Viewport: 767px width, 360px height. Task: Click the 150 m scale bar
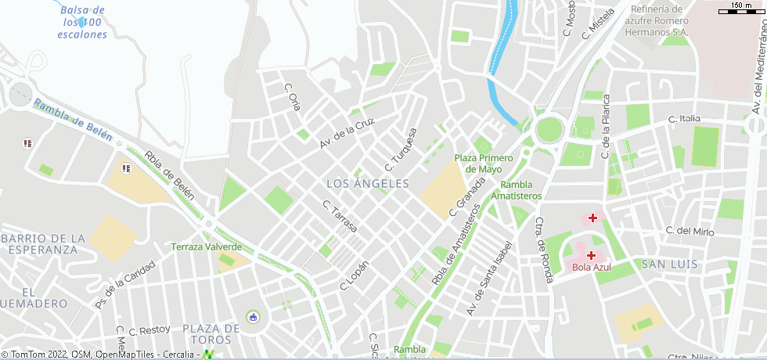[740, 8]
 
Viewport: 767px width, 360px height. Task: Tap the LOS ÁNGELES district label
[367, 183]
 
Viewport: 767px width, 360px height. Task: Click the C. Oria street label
[292, 97]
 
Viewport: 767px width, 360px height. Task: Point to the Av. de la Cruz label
[347, 134]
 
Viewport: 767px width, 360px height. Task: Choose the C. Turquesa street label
[401, 149]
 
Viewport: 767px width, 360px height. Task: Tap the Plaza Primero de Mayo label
[484, 163]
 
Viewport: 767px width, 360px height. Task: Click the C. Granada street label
[463, 197]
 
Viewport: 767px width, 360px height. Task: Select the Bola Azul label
[591, 267]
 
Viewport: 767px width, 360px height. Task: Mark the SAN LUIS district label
[668, 264]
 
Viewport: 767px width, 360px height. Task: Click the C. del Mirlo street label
[690, 231]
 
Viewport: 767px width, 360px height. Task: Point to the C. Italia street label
[684, 118]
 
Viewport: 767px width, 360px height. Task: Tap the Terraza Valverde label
[207, 247]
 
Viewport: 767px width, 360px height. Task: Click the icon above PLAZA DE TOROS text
[253, 317]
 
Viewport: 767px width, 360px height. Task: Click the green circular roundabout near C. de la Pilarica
[550, 128]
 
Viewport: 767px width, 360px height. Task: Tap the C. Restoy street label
[149, 329]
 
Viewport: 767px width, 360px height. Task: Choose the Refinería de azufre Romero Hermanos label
[657, 21]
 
